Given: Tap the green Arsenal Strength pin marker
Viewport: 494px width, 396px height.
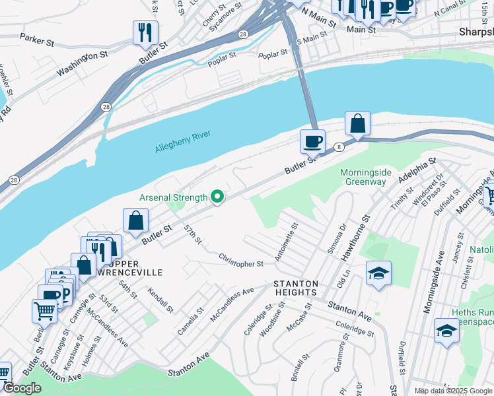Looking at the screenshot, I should pyautogui.click(x=216, y=197).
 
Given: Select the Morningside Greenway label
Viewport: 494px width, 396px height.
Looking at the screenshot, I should pyautogui.click(x=366, y=177).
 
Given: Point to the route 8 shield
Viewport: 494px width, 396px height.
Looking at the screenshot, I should pyautogui.click(x=338, y=147).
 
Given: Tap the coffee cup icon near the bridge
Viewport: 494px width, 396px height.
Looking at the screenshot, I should pyautogui.click(x=312, y=141).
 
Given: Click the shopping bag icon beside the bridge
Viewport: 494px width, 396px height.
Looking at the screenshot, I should pyautogui.click(x=357, y=123).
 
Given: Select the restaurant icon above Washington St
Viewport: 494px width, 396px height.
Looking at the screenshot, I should pyautogui.click(x=145, y=32).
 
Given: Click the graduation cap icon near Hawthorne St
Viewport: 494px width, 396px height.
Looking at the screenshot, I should pyautogui.click(x=378, y=273).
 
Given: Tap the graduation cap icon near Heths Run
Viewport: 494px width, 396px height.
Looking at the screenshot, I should pyautogui.click(x=446, y=331).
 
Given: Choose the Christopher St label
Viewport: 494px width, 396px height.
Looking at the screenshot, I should pyautogui.click(x=240, y=260).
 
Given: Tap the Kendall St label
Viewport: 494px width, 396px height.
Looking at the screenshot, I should pyautogui.click(x=160, y=300).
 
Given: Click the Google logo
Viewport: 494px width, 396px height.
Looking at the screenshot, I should pyautogui.click(x=22, y=389).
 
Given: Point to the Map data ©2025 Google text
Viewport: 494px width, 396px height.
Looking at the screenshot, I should pyautogui.click(x=452, y=391).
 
